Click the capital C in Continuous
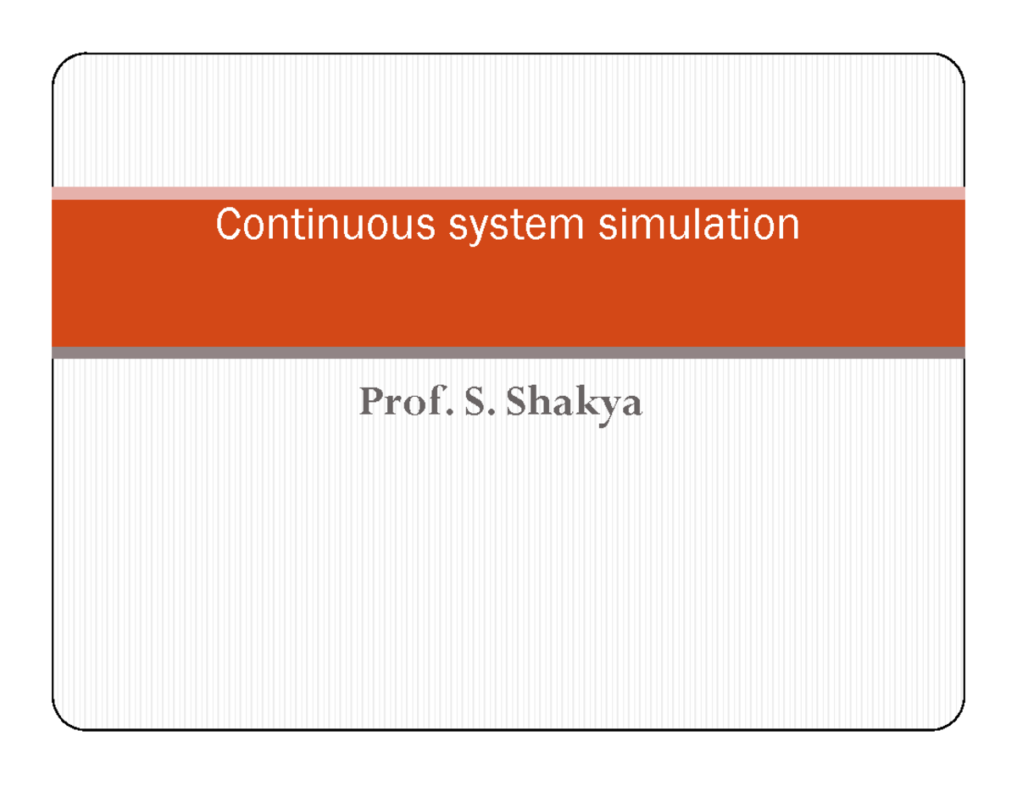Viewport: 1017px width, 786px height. tap(228, 226)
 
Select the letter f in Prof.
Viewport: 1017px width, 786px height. tap(426, 403)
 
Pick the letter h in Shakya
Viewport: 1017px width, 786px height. tap(539, 403)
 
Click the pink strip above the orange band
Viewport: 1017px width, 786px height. tap(508, 192)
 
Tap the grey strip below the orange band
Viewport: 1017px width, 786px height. tap(508, 353)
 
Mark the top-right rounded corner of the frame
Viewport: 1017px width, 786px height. tap(954, 64)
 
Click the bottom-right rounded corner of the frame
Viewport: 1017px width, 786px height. tap(954, 719)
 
